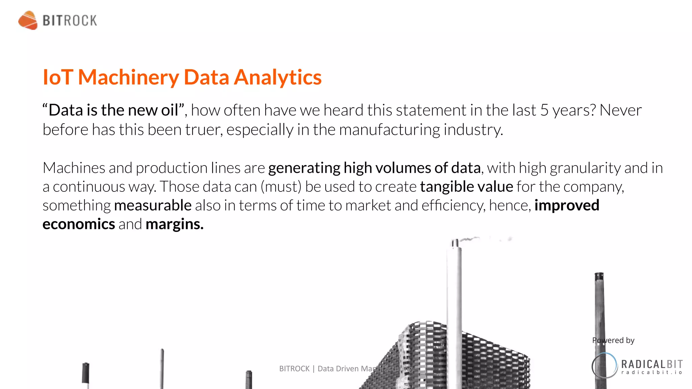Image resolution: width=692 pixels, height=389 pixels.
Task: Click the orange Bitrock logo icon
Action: pos(28,20)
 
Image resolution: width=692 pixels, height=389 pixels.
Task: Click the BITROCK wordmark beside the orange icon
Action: pos(70,21)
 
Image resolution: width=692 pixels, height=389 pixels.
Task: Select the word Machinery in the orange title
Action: pos(128,77)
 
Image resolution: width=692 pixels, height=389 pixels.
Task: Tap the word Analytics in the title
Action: pos(277,77)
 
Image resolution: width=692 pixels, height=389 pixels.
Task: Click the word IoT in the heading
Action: pos(58,77)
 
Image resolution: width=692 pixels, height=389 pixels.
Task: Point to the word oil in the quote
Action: pos(170,110)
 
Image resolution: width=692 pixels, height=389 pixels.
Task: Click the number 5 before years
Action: pos(544,110)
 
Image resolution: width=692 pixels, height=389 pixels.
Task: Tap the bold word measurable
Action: pos(153,205)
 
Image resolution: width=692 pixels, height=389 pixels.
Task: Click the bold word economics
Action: pos(79,224)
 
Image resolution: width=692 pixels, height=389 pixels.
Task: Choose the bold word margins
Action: pos(174,224)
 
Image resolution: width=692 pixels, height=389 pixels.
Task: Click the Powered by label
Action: pos(613,340)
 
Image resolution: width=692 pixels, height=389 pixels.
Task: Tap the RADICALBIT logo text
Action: pos(652,364)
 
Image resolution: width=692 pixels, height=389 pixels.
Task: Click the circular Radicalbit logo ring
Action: pos(604,365)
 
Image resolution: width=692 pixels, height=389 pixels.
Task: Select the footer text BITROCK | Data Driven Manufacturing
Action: pos(346,369)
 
